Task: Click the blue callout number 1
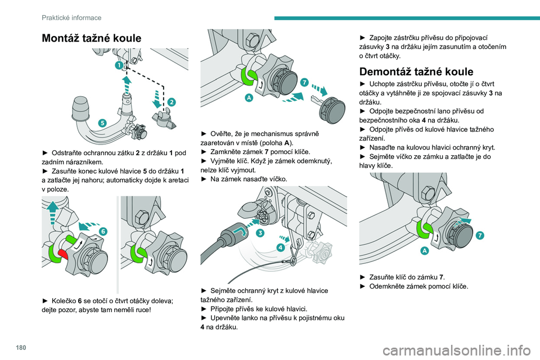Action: click(119, 66)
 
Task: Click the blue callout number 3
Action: click(260, 232)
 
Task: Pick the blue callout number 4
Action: click(279, 247)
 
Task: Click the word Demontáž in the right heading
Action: click(388, 72)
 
